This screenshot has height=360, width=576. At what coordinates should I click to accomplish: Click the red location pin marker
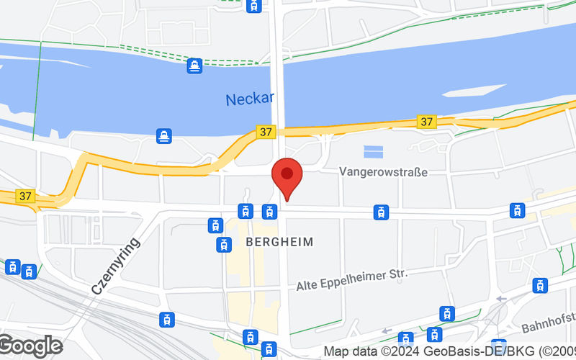tap(287, 178)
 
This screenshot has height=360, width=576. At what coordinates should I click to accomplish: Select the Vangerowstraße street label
tap(383, 172)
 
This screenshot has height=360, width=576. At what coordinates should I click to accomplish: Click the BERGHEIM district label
tap(280, 242)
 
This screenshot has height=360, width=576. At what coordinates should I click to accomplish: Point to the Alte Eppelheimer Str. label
tap(352, 280)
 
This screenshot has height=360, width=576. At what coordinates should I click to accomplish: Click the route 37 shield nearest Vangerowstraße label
tap(426, 122)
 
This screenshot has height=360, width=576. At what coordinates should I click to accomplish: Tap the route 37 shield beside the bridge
tap(266, 132)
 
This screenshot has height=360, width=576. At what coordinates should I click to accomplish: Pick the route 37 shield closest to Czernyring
tap(27, 196)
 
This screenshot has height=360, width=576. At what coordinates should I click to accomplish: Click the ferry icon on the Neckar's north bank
tap(194, 66)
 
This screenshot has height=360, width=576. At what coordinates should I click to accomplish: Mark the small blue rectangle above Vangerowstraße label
tap(373, 151)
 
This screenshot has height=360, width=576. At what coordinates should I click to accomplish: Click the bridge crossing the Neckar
tap(278, 94)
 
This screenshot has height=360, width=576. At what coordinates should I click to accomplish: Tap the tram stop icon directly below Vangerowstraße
tap(381, 212)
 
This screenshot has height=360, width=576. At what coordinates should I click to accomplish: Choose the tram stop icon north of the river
tap(253, 6)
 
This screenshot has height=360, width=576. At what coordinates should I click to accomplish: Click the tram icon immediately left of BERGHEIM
tap(224, 245)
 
